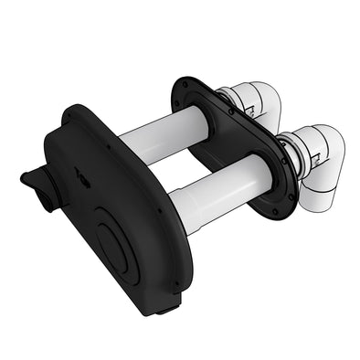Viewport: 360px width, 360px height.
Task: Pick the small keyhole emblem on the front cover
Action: (83, 180)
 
